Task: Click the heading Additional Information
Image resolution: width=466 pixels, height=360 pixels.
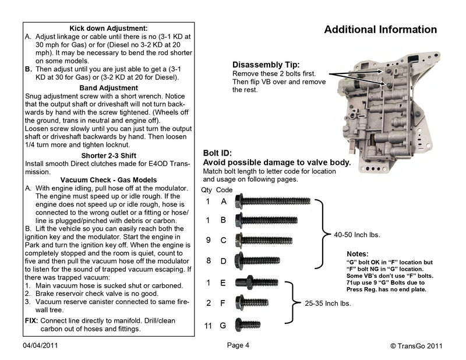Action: tap(380, 29)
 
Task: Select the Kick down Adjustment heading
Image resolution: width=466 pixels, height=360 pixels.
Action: tap(108, 27)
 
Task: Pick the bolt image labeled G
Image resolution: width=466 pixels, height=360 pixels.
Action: tap(248, 325)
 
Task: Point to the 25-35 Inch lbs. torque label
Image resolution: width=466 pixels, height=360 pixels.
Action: tap(328, 303)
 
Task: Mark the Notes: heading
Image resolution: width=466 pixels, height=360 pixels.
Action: tap(357, 255)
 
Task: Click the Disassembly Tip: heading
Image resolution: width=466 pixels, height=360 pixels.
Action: tap(266, 65)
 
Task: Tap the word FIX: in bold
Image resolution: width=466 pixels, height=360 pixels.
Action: tap(31, 321)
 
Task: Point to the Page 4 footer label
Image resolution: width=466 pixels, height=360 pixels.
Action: tap(238, 345)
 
